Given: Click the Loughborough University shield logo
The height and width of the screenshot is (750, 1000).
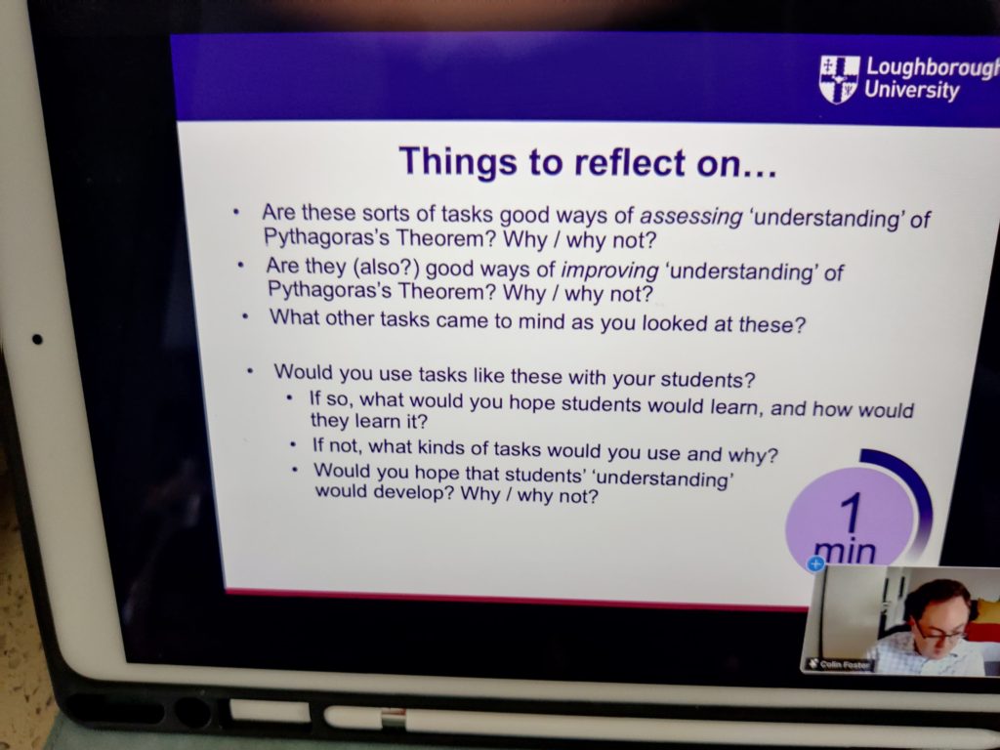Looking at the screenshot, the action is click(839, 79).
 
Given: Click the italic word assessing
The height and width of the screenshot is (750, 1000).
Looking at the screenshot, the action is click(691, 217).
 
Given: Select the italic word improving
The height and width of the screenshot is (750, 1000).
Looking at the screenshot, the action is click(609, 271).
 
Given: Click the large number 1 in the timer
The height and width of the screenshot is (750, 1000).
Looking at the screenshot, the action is click(852, 514).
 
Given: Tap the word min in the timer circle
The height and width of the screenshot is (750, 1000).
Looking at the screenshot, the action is click(846, 551).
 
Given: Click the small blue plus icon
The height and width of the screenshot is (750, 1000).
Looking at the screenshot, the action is click(815, 563).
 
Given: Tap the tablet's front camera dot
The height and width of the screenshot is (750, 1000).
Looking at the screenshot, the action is click(38, 339).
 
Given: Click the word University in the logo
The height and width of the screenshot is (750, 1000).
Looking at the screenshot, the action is click(912, 90).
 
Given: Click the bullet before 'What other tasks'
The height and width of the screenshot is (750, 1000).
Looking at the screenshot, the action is click(245, 315).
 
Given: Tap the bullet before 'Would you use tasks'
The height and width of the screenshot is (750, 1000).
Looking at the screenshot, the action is click(251, 370).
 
